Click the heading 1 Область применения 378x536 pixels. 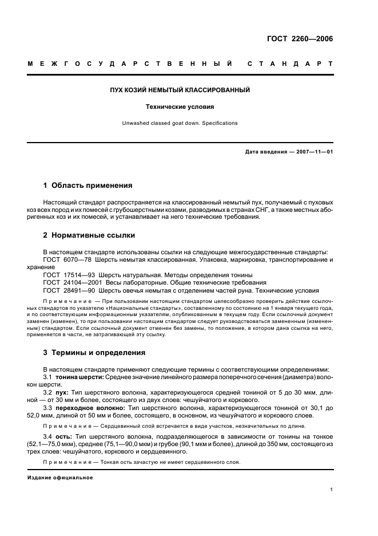[x=88, y=186]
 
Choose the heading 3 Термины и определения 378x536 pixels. [x=94, y=352]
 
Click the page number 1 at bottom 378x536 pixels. [x=331, y=490]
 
